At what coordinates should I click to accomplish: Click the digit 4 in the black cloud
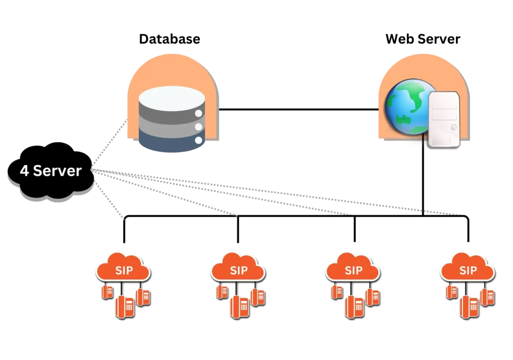[x=24, y=171]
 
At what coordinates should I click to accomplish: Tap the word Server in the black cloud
[x=56, y=171]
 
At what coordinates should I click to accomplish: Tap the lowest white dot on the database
[x=198, y=140]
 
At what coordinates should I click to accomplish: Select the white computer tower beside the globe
[x=444, y=120]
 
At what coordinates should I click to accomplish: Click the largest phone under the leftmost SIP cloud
[x=125, y=306]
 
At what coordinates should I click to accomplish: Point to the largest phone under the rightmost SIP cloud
[x=470, y=306]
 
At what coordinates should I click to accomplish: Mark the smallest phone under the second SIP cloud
[x=221, y=291]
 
